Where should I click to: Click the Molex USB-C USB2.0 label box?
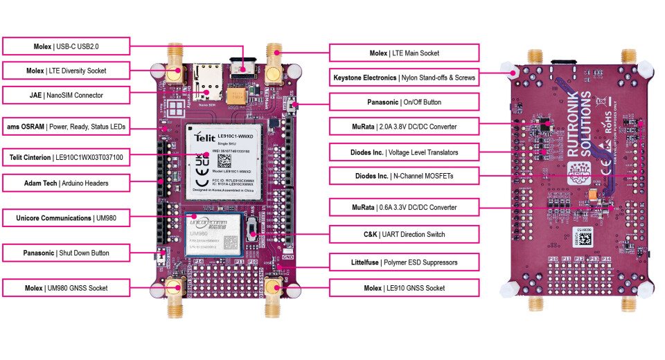(66, 46)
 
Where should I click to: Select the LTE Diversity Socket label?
(66, 70)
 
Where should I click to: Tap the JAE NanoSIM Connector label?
(66, 95)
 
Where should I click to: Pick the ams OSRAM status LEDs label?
(66, 127)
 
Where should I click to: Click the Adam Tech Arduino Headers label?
(66, 183)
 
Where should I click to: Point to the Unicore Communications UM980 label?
(66, 218)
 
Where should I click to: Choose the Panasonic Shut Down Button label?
(66, 253)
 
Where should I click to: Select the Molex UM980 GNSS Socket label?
(66, 287)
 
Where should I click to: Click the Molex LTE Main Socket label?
(404, 53)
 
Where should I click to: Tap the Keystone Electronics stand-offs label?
(404, 78)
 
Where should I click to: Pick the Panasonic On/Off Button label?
(404, 102)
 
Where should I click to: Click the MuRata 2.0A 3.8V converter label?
(404, 127)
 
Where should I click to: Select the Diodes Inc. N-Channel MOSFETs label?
(404, 176)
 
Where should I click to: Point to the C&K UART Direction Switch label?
(404, 235)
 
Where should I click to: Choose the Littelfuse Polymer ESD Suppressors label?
(404, 263)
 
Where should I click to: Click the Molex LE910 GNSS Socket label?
(404, 287)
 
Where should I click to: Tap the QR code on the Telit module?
(224, 161)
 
